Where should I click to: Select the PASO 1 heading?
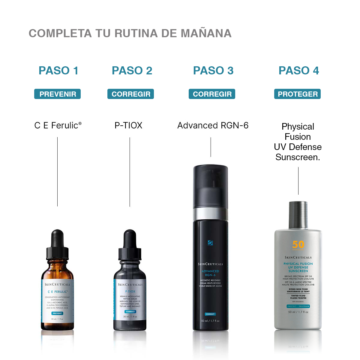(58, 71)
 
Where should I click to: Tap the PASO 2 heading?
(132, 71)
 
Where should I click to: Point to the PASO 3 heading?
(213, 71)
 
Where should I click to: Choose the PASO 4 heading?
(298, 71)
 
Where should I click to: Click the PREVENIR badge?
(58, 94)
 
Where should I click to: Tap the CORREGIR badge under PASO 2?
(131, 94)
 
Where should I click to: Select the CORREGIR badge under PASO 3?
(212, 94)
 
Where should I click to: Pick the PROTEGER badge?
(298, 94)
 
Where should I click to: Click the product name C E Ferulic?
(58, 125)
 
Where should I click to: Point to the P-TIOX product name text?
(128, 125)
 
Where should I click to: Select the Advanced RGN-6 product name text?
(213, 125)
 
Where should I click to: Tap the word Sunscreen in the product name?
(297, 157)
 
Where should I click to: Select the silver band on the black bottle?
(210, 214)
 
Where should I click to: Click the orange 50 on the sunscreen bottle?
(298, 245)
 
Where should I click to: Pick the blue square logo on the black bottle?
(210, 243)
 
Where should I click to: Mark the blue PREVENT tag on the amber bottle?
(57, 313)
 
